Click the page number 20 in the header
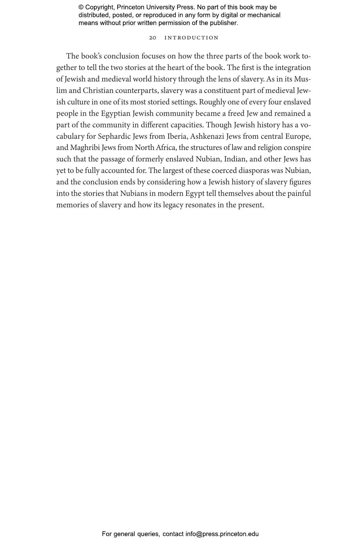(x=153, y=38)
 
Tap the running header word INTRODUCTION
(x=191, y=38)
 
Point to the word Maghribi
(x=85, y=148)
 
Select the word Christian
(x=98, y=91)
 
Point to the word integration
(x=293, y=68)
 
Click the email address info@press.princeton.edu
(x=222, y=534)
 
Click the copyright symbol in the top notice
(x=81, y=7)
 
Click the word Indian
(x=235, y=159)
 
